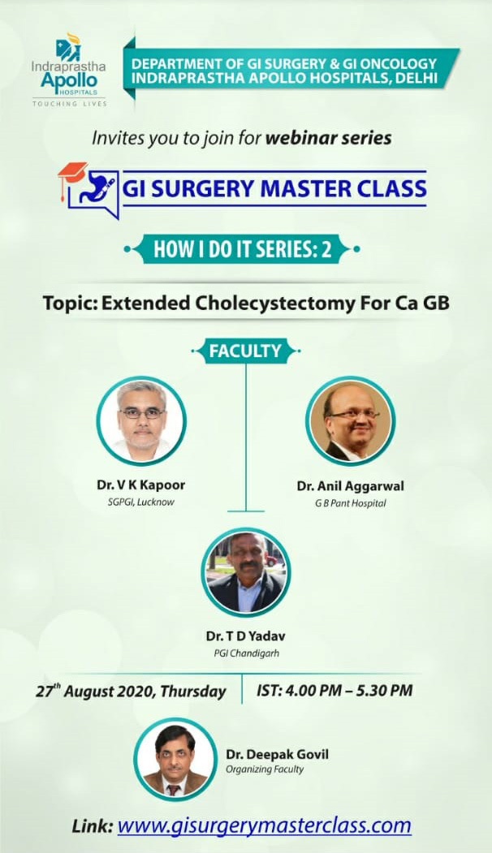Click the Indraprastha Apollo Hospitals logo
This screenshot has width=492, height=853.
pos(69,70)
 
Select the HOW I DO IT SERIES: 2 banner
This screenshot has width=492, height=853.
pos(242,249)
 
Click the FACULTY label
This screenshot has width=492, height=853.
pos(245,351)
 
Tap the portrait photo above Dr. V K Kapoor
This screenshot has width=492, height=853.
pos(141,421)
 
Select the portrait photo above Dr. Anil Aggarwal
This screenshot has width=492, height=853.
pos(351,421)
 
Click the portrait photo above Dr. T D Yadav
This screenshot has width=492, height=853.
pos(245,572)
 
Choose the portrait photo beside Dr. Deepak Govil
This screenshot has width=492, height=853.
pos(175,759)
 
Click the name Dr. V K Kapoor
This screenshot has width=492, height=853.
pos(141,485)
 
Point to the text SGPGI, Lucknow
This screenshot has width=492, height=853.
pos(141,502)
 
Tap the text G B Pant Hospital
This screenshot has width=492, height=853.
pos(351,503)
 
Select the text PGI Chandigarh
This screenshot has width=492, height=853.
pos(246,653)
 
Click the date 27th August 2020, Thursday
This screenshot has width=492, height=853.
pos(131,691)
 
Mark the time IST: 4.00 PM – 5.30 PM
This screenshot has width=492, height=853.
pos(334,691)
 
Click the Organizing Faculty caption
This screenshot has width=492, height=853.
pos(265,769)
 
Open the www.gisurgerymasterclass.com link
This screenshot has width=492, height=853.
pos(265,825)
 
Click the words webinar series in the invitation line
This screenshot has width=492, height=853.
pos(328,138)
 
